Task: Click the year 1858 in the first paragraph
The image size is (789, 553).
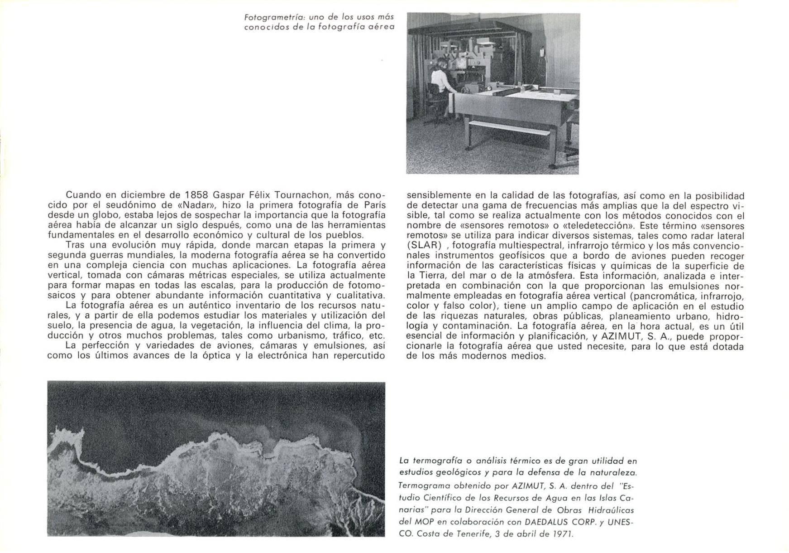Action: click(x=196, y=195)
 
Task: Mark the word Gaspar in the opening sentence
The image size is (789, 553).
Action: click(x=228, y=195)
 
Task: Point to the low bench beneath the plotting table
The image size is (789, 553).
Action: click(x=509, y=129)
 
